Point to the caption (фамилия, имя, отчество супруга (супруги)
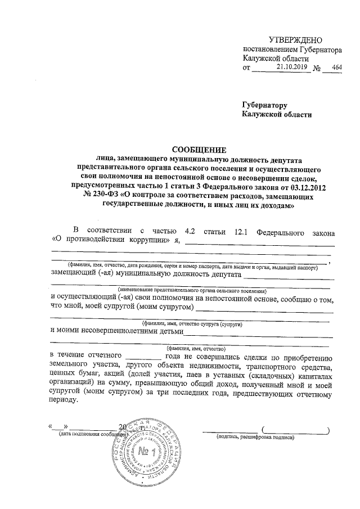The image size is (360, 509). pos(192,325)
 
